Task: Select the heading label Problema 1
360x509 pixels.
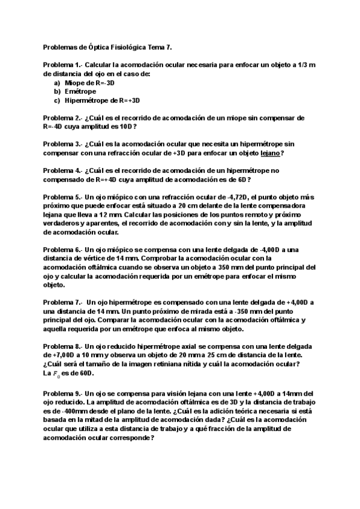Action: click(x=61, y=65)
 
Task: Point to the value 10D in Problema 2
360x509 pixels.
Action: click(x=124, y=127)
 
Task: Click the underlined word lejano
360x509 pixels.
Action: click(x=269, y=153)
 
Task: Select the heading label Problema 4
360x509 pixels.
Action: click(x=61, y=170)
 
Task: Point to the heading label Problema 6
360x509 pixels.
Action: click(x=61, y=250)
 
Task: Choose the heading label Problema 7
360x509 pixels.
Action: click(x=61, y=303)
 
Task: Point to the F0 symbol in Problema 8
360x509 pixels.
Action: click(x=58, y=374)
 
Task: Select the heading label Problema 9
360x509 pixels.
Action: click(x=61, y=391)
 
